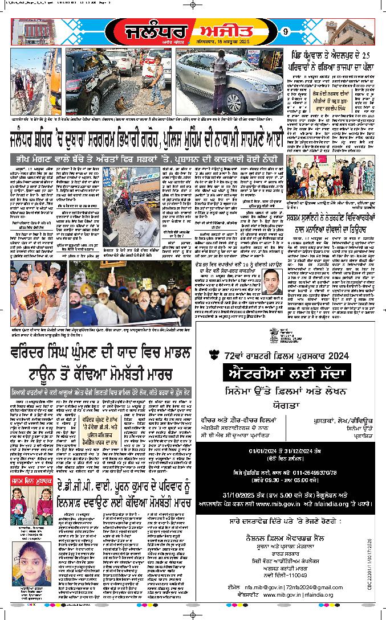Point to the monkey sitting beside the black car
pos(120,104)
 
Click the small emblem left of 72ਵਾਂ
pos(214,354)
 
